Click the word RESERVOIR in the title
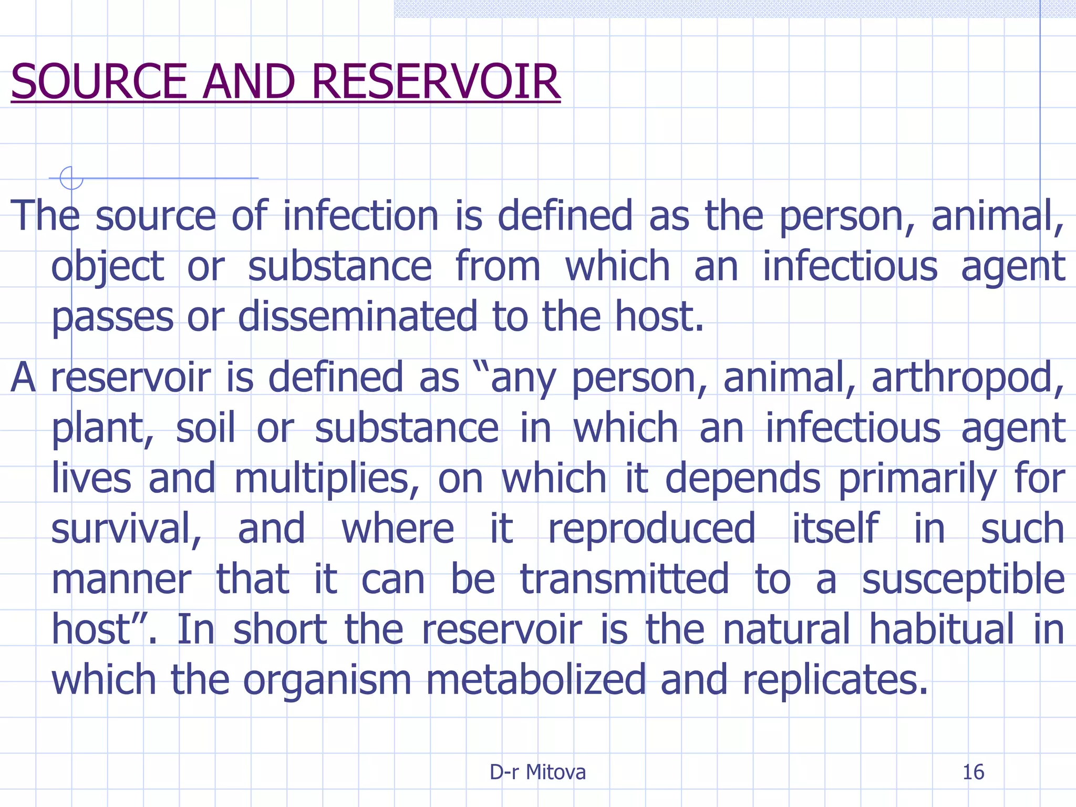[x=436, y=82]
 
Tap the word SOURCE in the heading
[x=99, y=82]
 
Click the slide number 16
[x=973, y=772]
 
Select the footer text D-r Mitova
[x=537, y=772]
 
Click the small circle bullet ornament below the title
[x=71, y=178]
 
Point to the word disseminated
[x=357, y=317]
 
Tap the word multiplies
[x=326, y=479]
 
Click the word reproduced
[x=651, y=530]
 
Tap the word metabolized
[x=535, y=680]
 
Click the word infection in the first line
[x=360, y=216]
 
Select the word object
[x=108, y=267]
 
